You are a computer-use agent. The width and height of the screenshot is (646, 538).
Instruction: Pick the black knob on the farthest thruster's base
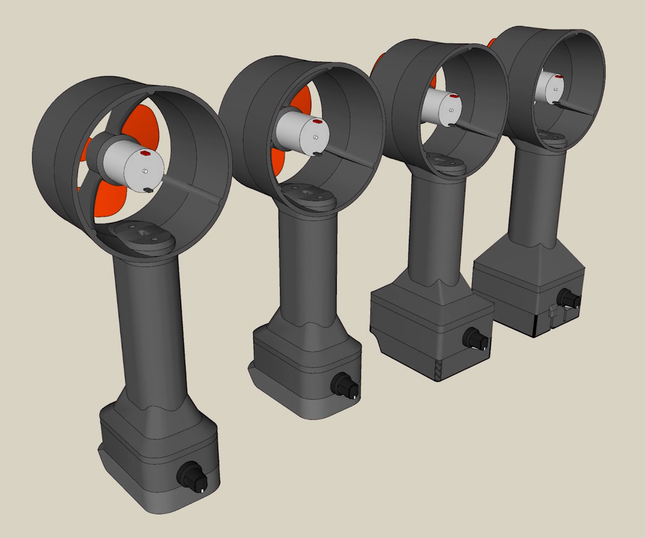(569, 298)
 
